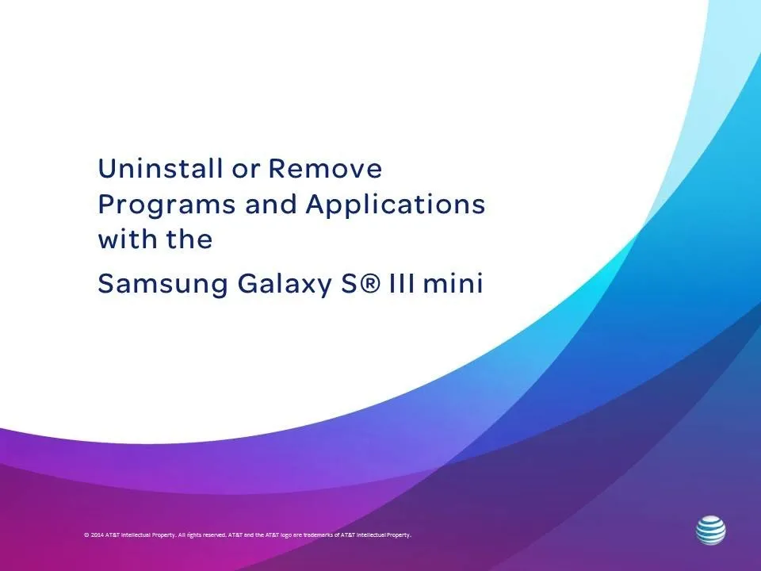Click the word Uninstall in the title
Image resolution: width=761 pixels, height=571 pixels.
coord(160,168)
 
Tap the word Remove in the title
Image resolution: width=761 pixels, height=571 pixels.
coord(325,168)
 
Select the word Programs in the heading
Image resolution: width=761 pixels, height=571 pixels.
coord(166,205)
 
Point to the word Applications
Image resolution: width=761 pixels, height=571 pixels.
coord(395,205)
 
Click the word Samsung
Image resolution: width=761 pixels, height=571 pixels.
coord(163,284)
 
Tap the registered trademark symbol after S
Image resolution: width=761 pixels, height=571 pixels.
coord(370,282)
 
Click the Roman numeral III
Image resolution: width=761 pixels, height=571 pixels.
coord(403,283)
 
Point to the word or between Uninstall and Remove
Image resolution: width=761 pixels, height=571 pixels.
coord(246,171)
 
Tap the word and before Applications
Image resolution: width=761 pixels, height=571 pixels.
coord(271,205)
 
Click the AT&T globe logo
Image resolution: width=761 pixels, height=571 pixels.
coord(711,531)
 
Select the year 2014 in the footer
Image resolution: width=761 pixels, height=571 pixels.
coord(97,535)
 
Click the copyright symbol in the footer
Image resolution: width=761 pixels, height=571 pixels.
coord(86,535)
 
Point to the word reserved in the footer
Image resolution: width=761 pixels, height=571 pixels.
coord(215,535)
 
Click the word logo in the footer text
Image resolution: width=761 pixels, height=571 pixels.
coord(286,535)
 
